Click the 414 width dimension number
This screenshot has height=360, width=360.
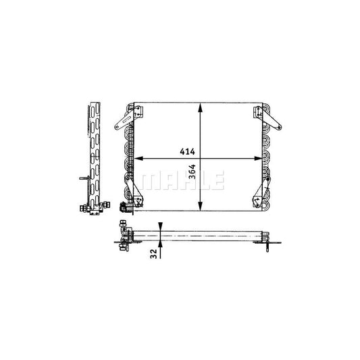(x=187, y=151)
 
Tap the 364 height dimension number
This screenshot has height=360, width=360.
(x=192, y=172)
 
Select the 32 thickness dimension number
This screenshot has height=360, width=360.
(x=153, y=254)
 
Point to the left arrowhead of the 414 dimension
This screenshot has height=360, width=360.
(x=138, y=159)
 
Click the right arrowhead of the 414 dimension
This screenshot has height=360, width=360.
(x=258, y=159)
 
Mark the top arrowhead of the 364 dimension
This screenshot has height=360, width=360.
(x=201, y=107)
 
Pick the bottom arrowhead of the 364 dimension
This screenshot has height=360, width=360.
(x=201, y=206)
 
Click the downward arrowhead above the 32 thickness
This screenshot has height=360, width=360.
(x=160, y=226)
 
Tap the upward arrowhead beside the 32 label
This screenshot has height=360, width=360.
(x=160, y=245)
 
